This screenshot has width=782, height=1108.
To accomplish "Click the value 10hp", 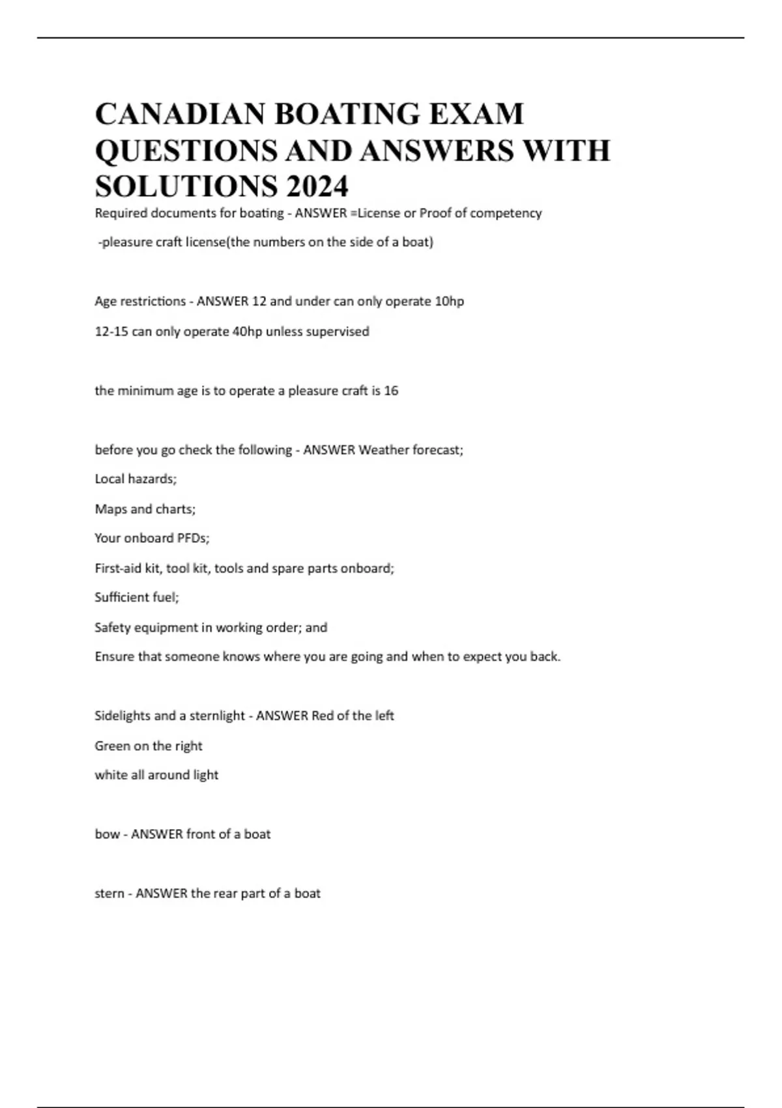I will point(449,301).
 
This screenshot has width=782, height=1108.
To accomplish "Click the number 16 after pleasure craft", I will point(391,390).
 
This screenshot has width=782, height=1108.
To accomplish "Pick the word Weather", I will point(383,450).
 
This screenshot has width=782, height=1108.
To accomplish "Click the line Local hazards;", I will point(136,479).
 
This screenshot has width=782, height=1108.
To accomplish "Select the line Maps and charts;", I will point(145,509).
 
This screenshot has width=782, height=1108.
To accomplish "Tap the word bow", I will point(107,834).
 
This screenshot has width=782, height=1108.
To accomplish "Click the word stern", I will point(109,894).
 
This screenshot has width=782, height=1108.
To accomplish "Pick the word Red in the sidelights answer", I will point(323,716).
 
